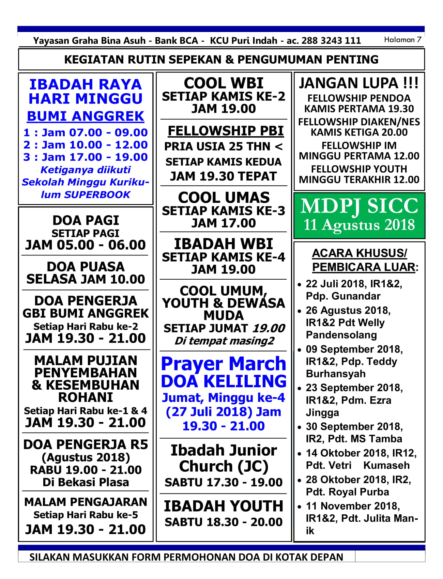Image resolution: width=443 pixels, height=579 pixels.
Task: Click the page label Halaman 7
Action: [x=402, y=40]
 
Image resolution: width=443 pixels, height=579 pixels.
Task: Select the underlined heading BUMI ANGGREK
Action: [x=86, y=116]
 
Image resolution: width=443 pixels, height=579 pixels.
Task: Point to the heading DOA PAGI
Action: [x=86, y=221]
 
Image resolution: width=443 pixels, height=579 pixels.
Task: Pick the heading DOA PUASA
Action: [x=86, y=267]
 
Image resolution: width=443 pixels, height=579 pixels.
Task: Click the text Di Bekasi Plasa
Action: [x=86, y=483]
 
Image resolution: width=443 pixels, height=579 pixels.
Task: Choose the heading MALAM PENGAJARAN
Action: [x=86, y=502]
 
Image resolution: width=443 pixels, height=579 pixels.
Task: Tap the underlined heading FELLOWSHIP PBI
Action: [x=226, y=131]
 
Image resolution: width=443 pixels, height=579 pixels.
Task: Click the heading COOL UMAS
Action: [x=224, y=198]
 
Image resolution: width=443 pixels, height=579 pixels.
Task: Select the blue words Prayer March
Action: [x=224, y=364]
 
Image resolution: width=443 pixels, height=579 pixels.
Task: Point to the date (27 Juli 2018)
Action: [x=209, y=412]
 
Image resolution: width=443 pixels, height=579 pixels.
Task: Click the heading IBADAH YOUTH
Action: [x=224, y=506]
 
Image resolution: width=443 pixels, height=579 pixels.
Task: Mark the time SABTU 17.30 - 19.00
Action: [x=224, y=483]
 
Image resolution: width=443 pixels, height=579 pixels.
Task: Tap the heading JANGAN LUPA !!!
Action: [x=358, y=83]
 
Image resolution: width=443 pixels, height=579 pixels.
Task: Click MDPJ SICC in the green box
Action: [x=359, y=206]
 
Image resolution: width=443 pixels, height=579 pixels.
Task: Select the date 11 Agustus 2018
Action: [x=359, y=225]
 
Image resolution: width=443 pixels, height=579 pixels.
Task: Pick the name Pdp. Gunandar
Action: [x=343, y=296]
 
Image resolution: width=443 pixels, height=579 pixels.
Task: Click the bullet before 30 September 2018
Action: [x=300, y=427]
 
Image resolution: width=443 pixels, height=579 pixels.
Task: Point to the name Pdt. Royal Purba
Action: [x=347, y=492]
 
